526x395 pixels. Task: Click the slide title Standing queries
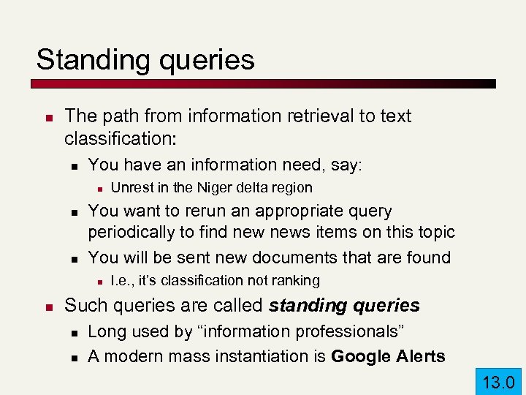pyautogui.click(x=145, y=60)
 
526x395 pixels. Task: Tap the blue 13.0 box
pyautogui.click(x=499, y=381)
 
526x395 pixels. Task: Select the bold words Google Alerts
pyautogui.click(x=388, y=356)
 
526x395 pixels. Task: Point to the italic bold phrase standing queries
pyautogui.click(x=345, y=305)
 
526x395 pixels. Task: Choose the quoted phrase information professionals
pyautogui.click(x=300, y=332)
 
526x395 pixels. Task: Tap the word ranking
pyautogui.click(x=297, y=280)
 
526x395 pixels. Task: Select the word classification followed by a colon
pyautogui.click(x=122, y=138)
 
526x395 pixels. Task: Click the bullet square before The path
pyautogui.click(x=47, y=116)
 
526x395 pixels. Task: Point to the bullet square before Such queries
pyautogui.click(x=47, y=306)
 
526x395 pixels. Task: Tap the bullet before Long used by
pyautogui.click(x=70, y=333)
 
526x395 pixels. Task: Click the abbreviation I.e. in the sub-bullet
pyautogui.click(x=122, y=280)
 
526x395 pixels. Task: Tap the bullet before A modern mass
pyautogui.click(x=70, y=357)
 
